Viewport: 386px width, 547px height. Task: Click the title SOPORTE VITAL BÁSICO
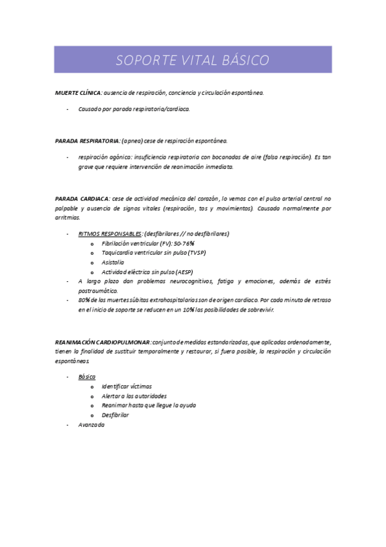pos(193,61)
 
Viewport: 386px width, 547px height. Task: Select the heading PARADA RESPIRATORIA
pos(87,140)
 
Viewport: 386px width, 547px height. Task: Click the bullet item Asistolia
pos(113,263)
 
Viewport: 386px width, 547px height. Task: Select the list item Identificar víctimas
pos(127,386)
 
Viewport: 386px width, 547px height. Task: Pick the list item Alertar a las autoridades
pos(134,395)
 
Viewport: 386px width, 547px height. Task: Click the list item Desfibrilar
pos(115,415)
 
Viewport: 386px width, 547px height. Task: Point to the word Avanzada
pos(91,425)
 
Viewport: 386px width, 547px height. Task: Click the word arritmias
pos(67,218)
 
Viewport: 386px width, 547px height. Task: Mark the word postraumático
pos(98,291)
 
